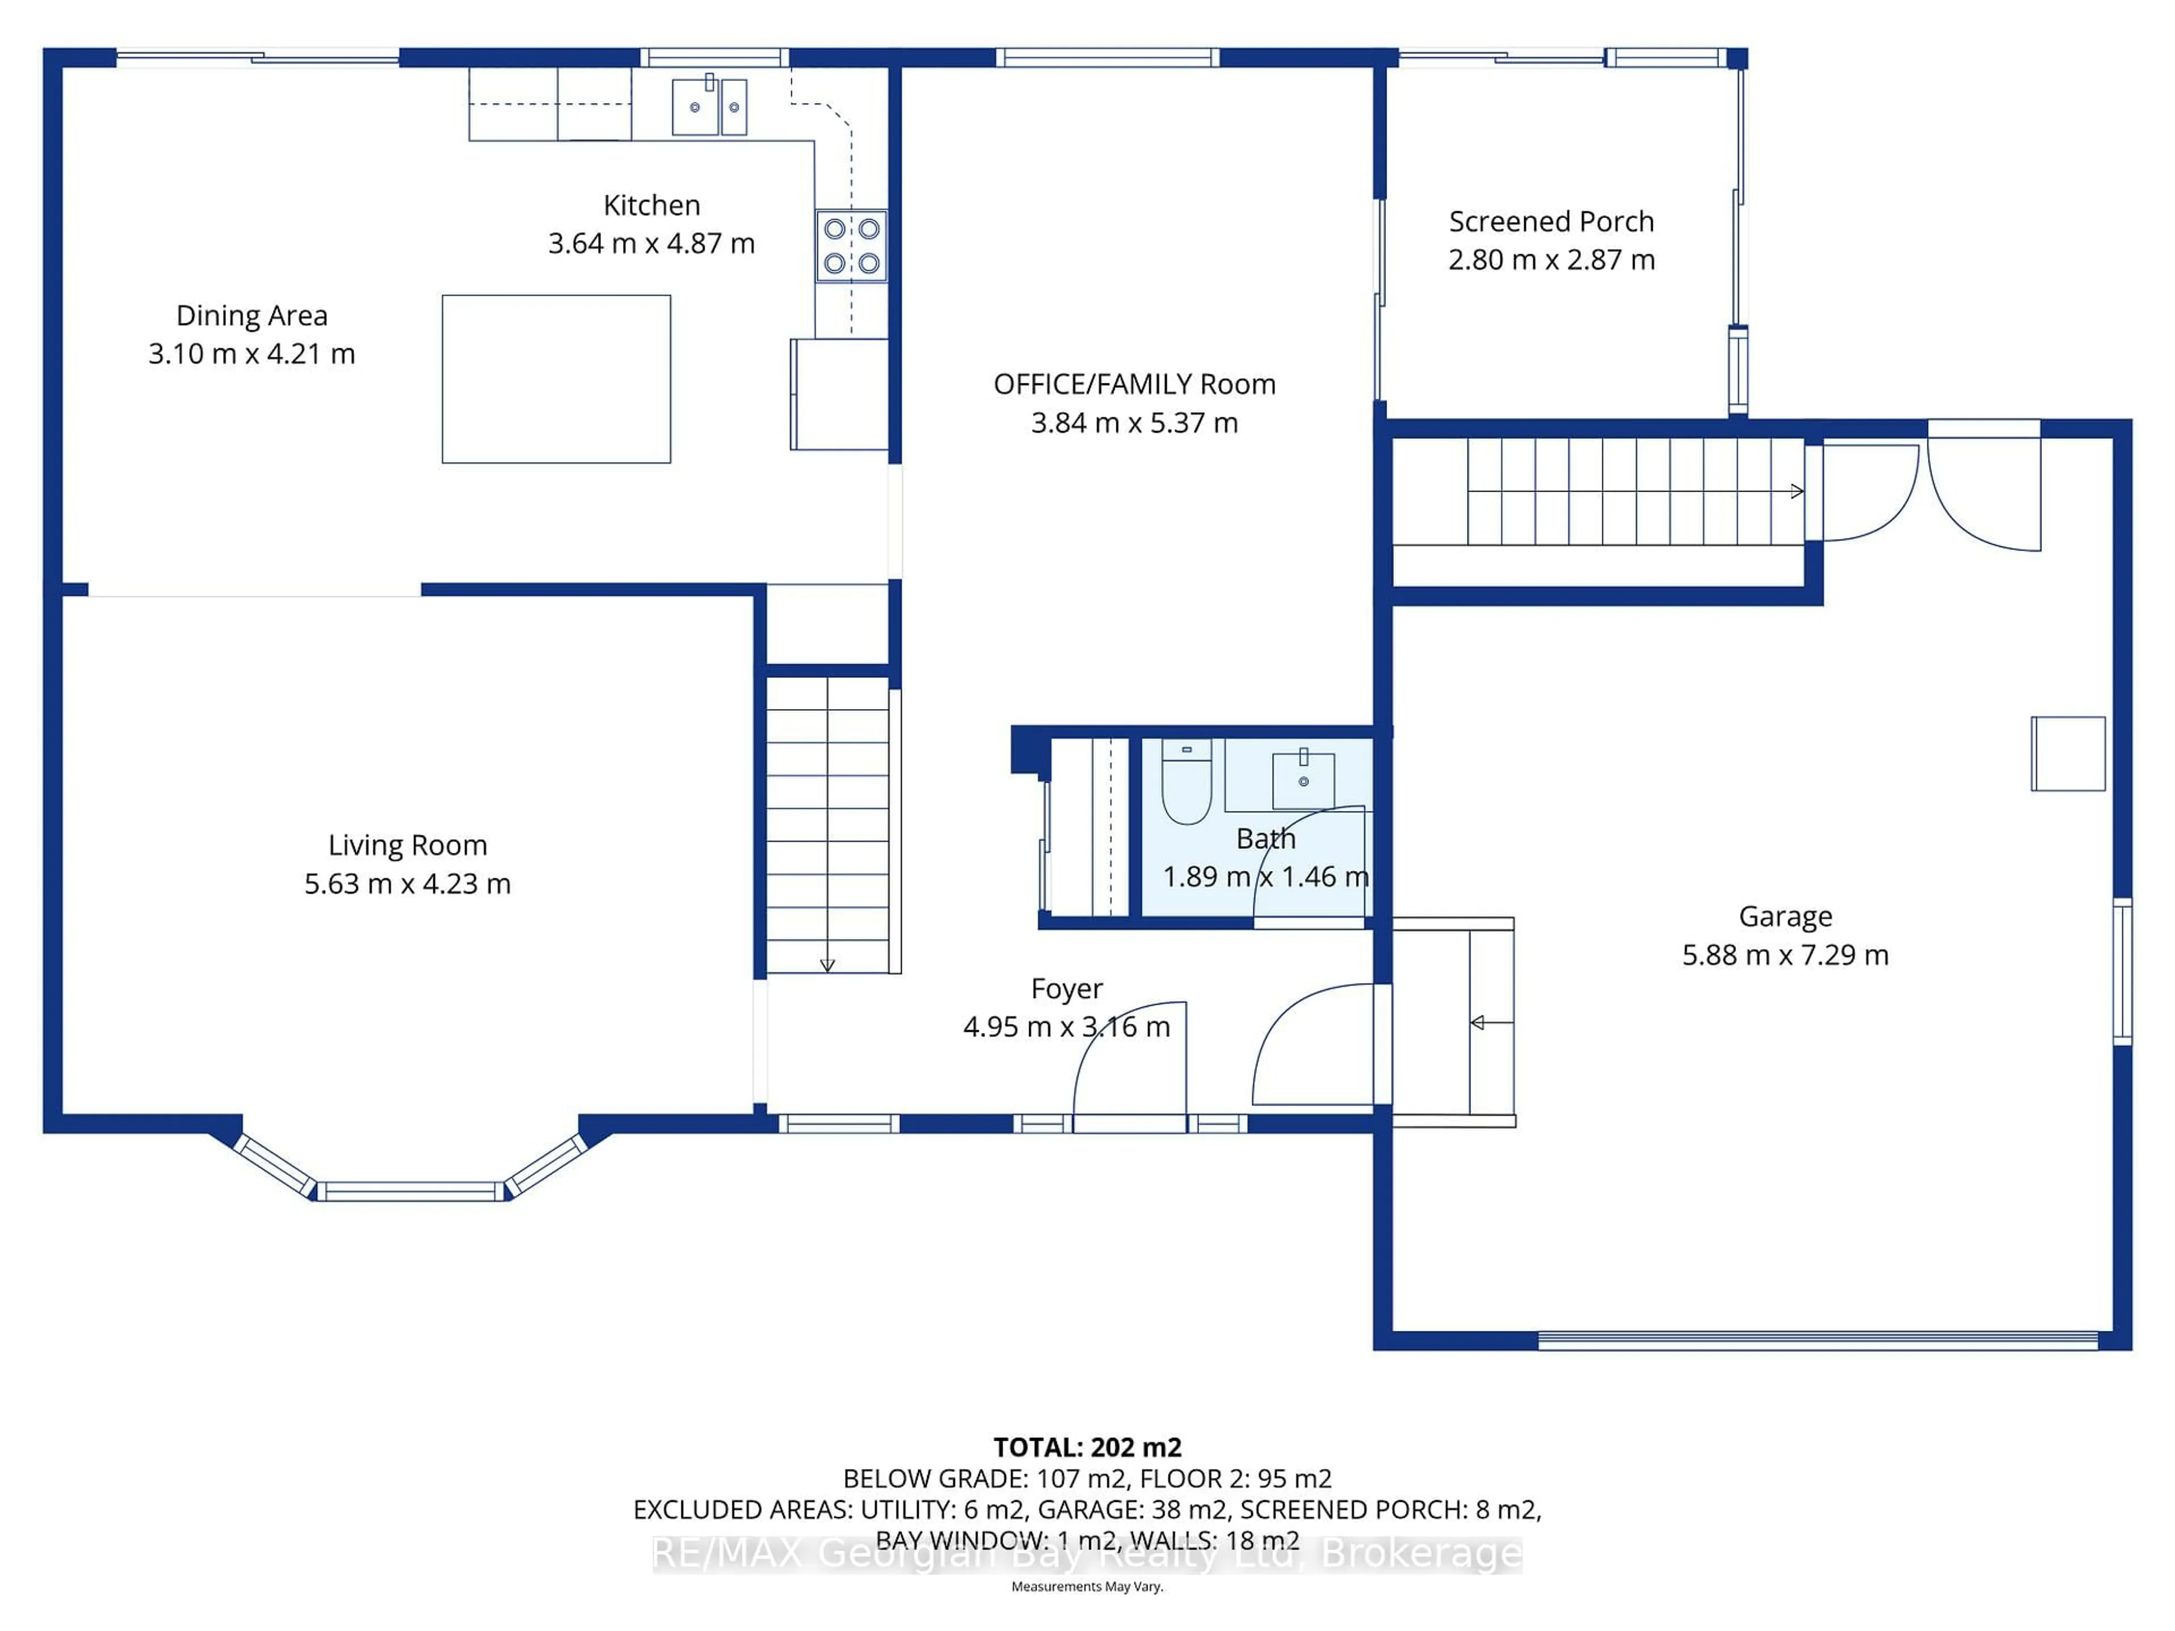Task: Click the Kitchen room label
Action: [651, 206]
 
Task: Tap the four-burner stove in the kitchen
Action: [851, 246]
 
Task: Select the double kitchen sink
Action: [709, 106]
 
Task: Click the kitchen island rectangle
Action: [557, 378]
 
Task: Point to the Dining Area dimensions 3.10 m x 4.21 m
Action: [251, 354]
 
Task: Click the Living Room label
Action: [407, 846]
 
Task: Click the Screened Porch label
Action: [1551, 222]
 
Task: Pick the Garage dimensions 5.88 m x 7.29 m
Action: [1785, 955]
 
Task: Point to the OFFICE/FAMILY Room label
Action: [1134, 385]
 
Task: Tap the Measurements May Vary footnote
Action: [1086, 1587]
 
